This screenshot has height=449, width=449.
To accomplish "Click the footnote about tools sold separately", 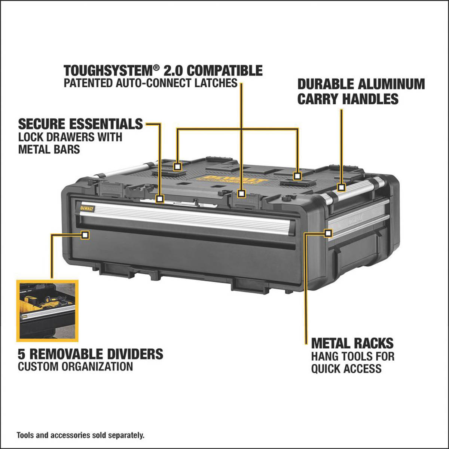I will (x=80, y=435).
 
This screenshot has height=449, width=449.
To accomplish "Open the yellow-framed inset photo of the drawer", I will (x=48, y=310).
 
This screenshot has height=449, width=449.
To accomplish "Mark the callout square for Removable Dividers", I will (x=85, y=235).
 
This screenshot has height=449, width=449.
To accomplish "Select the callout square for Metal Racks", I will (x=328, y=233).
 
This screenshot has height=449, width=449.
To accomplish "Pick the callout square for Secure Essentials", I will (x=160, y=199).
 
